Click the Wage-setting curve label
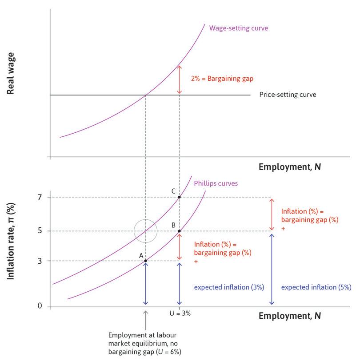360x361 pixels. click(239, 28)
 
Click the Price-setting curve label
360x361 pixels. click(288, 95)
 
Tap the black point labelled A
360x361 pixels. click(145, 261)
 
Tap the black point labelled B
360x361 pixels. click(179, 231)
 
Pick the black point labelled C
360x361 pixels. click(179, 197)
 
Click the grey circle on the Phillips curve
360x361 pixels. click(146, 231)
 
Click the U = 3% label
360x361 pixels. click(180, 313)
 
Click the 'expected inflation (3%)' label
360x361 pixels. click(229, 287)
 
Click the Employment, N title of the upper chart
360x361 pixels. click(289, 167)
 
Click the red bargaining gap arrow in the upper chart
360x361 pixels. click(179, 79)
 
